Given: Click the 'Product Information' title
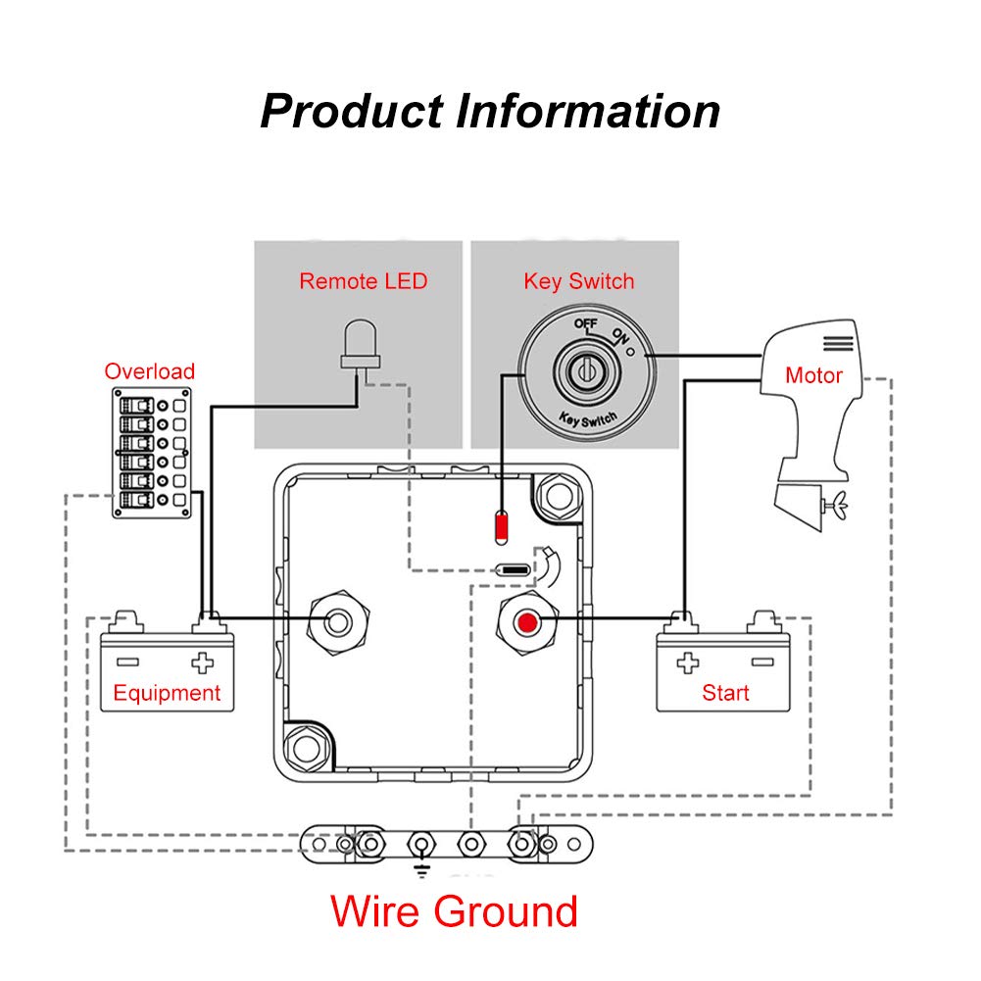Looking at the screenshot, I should coord(490,112).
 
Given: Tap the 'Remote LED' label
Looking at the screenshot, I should coord(364,282).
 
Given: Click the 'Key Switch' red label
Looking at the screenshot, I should coord(579,282).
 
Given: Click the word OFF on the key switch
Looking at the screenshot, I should coord(586,324).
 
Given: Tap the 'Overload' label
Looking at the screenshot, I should coord(150,372).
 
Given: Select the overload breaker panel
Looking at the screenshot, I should coord(153,452).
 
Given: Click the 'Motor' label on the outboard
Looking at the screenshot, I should coord(813,375).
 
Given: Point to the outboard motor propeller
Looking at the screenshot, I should coord(833,507).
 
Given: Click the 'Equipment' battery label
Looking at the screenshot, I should coord(167,694).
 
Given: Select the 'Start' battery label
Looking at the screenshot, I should coord(725,694).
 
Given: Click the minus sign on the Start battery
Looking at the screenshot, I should coord(761,662).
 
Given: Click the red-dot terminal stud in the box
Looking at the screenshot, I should coord(528,622).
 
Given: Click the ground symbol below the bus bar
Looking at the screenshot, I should coord(422,868).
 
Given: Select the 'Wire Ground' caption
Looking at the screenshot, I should coord(454,911).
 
